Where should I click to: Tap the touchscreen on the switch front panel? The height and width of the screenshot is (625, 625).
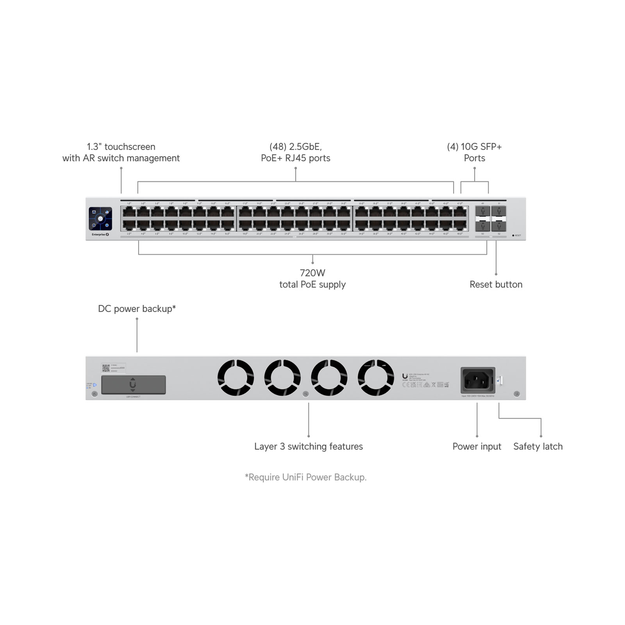click(x=100, y=219)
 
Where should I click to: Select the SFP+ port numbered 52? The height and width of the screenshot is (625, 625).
click(x=499, y=226)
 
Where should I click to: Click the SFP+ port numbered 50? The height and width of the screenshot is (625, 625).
click(x=483, y=226)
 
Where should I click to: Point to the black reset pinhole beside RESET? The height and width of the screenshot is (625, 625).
click(x=513, y=236)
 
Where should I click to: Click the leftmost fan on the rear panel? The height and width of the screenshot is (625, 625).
click(x=236, y=378)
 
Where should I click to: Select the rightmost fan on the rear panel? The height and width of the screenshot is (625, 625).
click(x=376, y=378)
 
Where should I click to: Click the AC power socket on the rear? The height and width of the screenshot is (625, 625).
click(x=478, y=380)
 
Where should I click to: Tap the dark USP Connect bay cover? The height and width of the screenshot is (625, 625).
click(x=133, y=385)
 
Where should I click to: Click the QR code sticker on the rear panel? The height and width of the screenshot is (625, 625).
click(x=105, y=368)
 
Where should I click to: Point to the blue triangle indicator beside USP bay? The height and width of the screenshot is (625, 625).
click(x=95, y=385)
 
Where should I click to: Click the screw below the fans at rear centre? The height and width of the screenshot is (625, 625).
click(x=306, y=394)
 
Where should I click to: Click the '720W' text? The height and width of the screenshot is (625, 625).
click(x=312, y=273)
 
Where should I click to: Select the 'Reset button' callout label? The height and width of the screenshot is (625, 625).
click(x=496, y=284)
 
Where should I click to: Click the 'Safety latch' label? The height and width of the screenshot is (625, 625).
click(x=538, y=446)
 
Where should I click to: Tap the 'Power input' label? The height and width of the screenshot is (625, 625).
click(x=477, y=446)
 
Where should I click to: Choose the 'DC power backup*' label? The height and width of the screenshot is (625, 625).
click(x=137, y=309)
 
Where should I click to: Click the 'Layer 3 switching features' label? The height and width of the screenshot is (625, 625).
click(x=309, y=446)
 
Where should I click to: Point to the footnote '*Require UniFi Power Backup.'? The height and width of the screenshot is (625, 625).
click(x=305, y=477)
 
